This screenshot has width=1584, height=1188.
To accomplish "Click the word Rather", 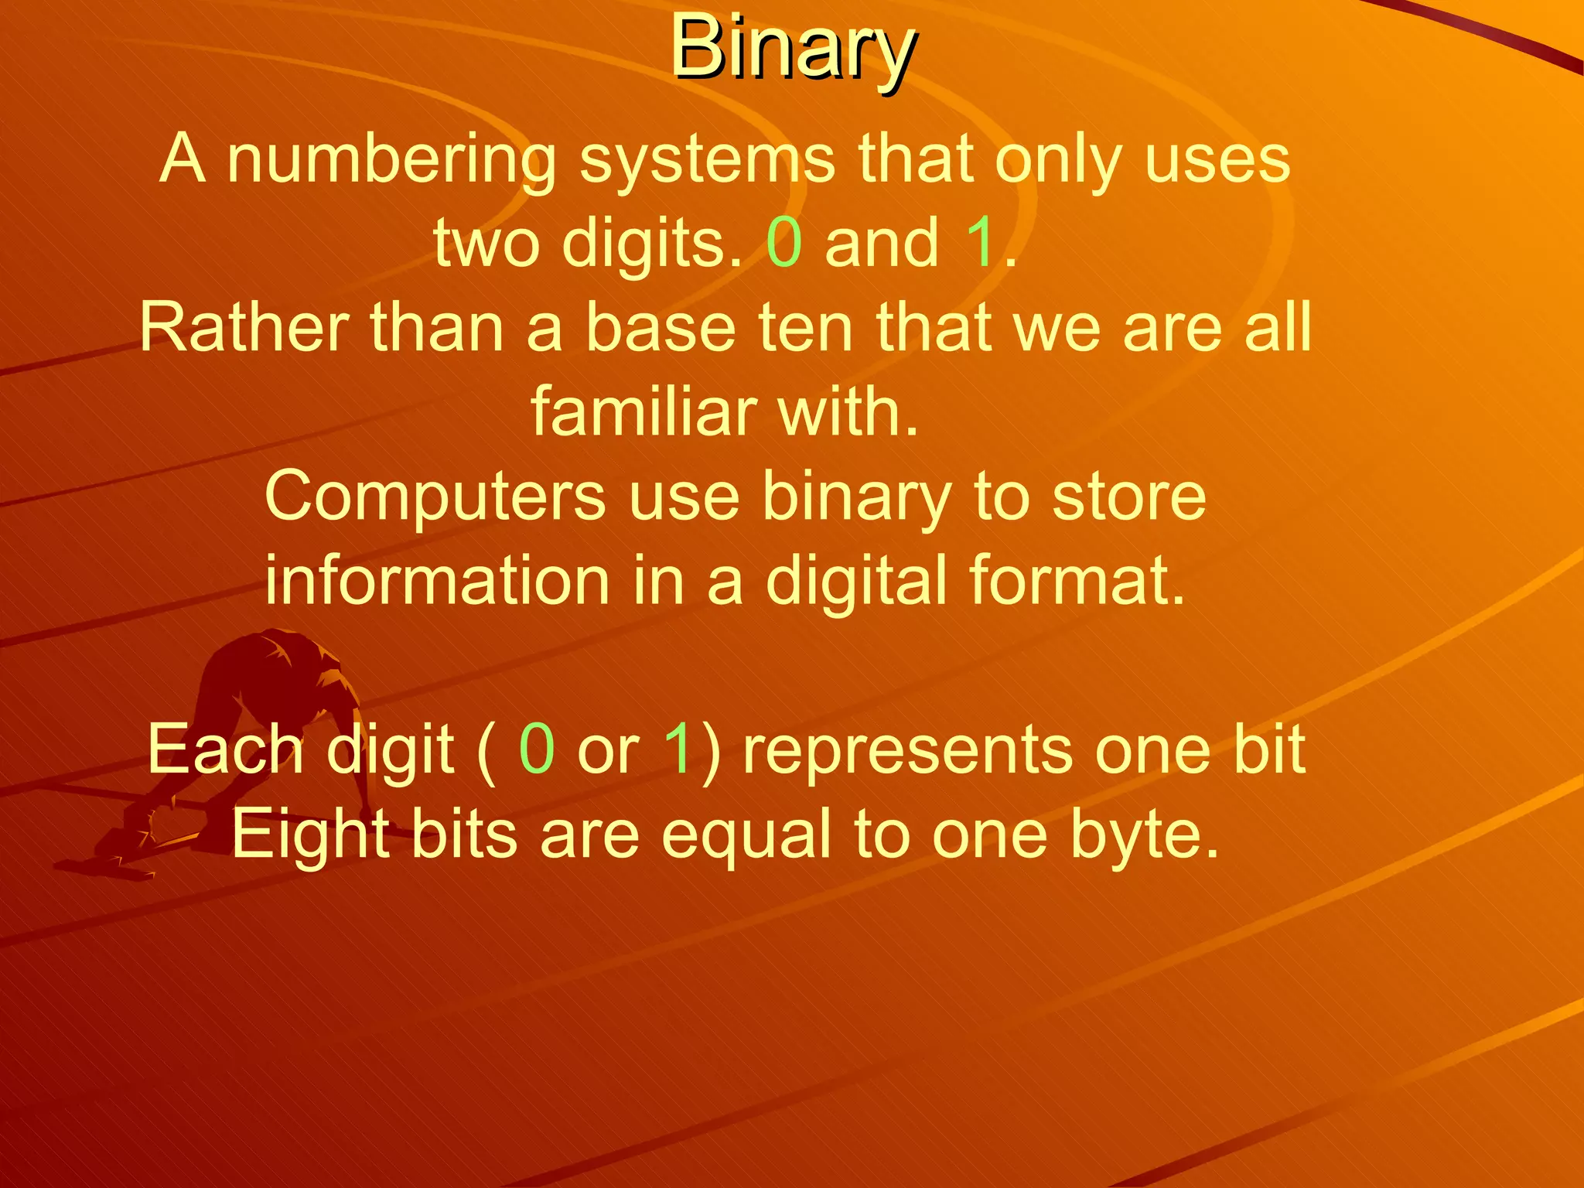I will pos(244,328).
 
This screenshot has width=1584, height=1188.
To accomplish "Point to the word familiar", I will pos(642,411).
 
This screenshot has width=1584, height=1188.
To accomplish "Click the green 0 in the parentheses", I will pos(537,749).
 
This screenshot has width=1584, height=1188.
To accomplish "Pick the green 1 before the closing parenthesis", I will pos(678,749).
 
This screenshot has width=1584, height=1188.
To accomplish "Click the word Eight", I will pos(309,835).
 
